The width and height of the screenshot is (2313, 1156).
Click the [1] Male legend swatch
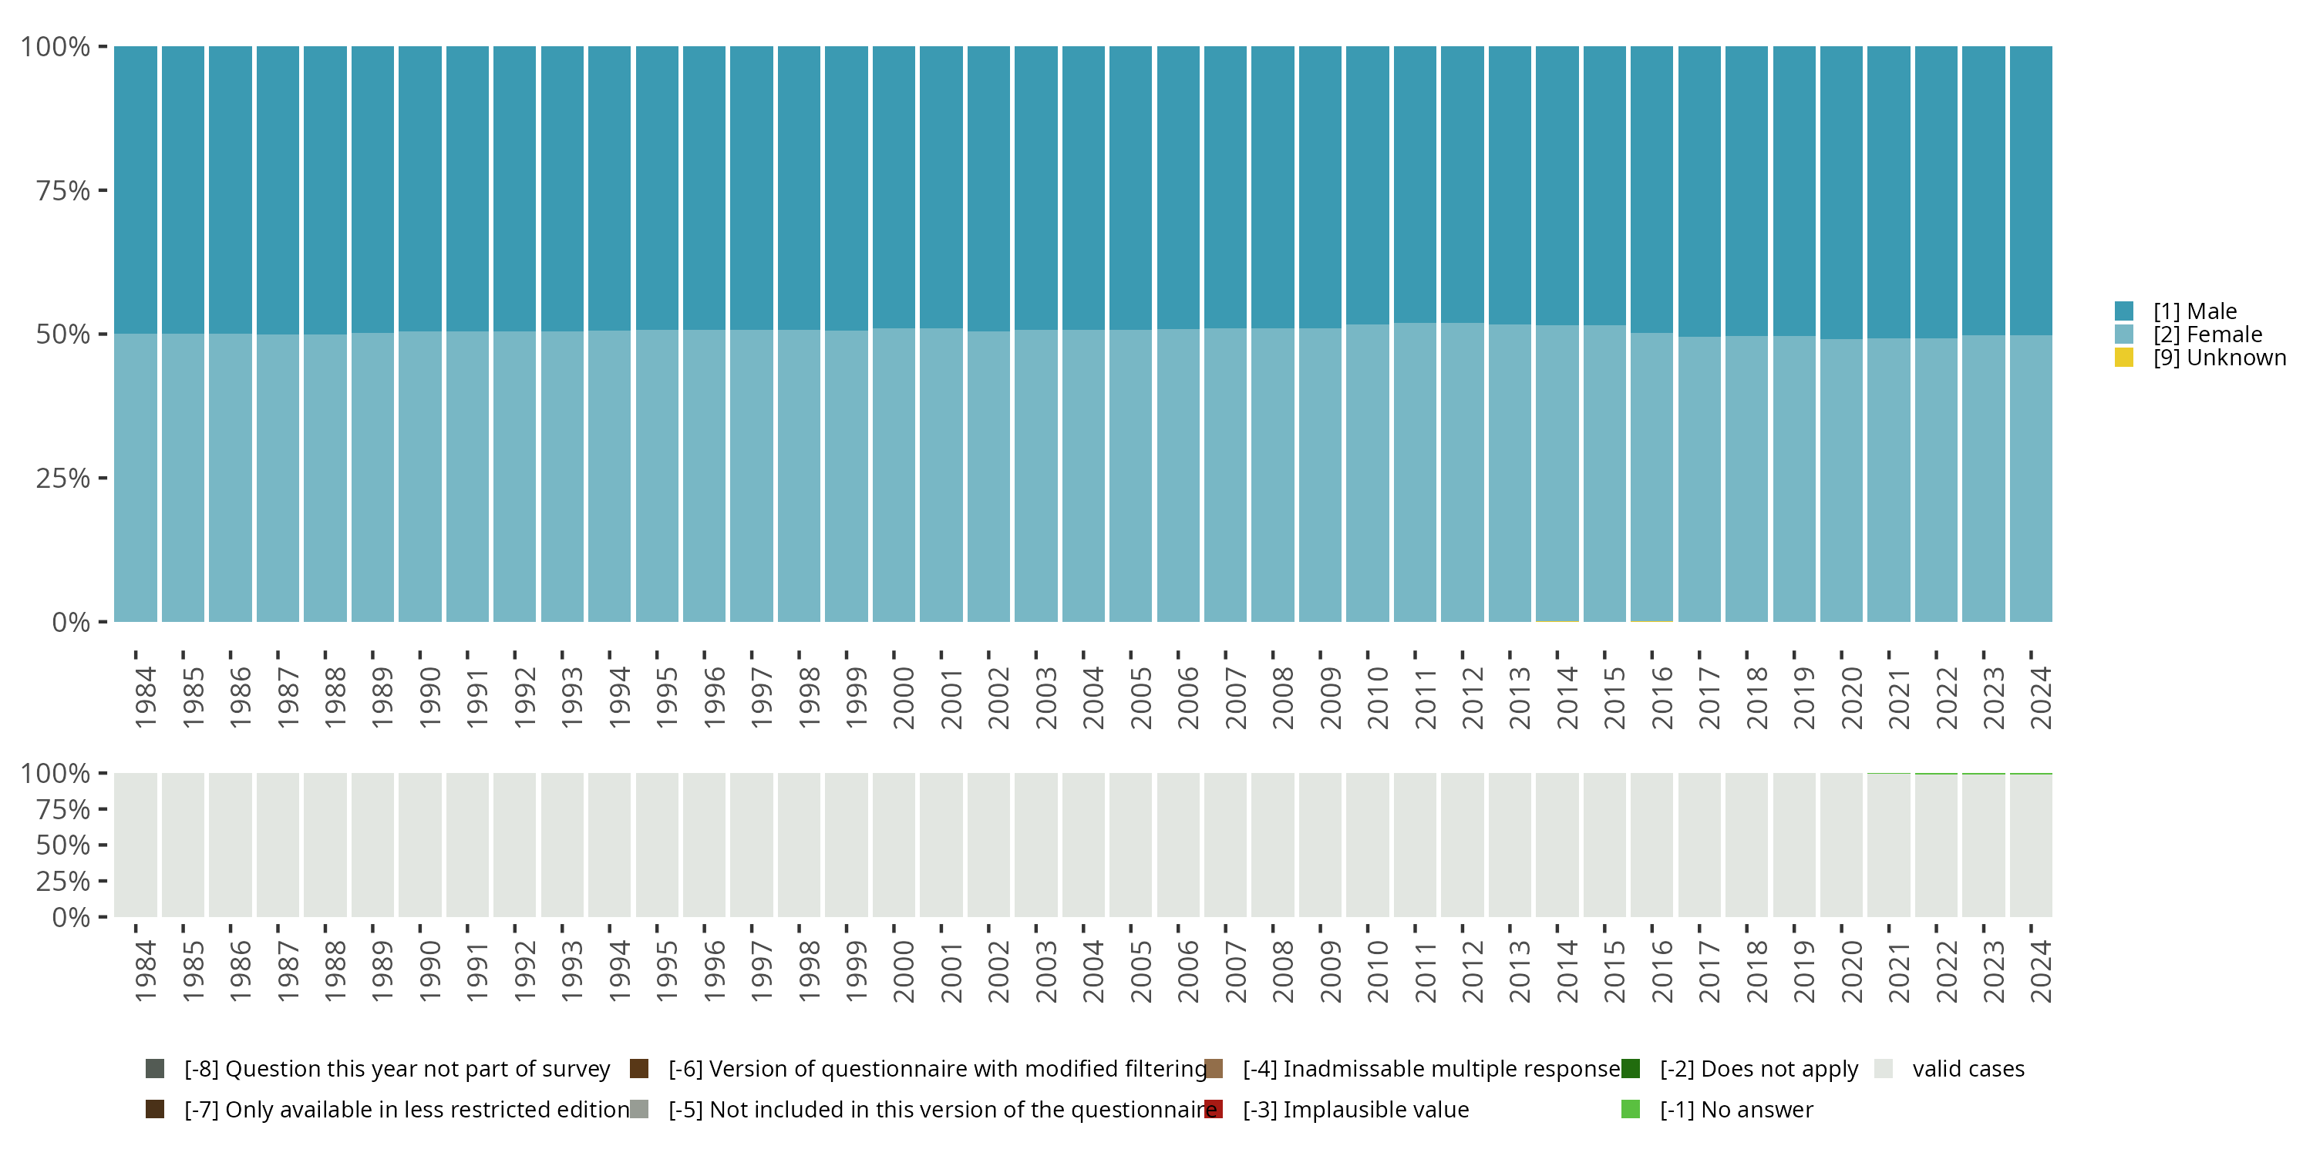pos(2123,311)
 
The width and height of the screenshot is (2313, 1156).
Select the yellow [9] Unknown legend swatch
pos(2123,358)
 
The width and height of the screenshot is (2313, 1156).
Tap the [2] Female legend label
pos(2207,334)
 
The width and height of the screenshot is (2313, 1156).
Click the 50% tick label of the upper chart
pos(63,334)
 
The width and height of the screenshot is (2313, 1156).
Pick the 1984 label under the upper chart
pos(146,697)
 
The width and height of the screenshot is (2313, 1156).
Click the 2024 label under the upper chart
pos(2040,697)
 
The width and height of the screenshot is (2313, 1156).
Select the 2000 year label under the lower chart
pos(904,971)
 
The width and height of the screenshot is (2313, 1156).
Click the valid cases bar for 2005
pos(1130,845)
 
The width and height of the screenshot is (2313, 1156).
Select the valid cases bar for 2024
pos(2030,845)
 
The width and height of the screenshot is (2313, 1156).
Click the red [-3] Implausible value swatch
pos(1213,1109)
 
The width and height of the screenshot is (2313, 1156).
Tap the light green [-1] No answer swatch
pos(1631,1109)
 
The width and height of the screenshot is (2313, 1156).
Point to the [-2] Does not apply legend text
pos(1758,1069)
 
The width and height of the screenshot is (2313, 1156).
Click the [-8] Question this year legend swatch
pos(154,1069)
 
